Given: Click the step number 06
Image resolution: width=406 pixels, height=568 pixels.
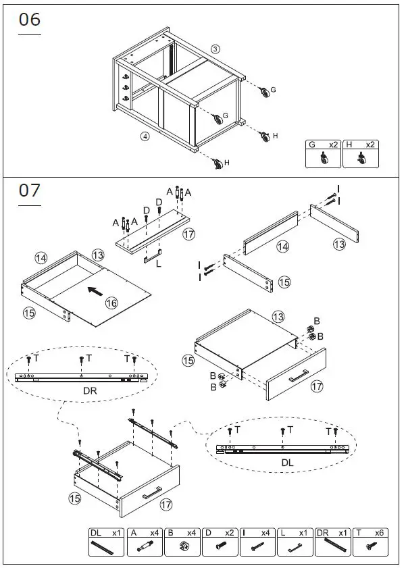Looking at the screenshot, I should pyautogui.click(x=30, y=20).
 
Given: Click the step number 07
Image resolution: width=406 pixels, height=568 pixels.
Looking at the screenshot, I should pyautogui.click(x=30, y=191).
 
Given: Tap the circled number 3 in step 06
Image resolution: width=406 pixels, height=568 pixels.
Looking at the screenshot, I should pyautogui.click(x=215, y=49).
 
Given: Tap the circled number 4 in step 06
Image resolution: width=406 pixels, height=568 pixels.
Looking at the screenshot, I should pyautogui.click(x=145, y=136).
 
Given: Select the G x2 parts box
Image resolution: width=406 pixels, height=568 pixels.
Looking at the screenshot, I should pyautogui.click(x=323, y=154).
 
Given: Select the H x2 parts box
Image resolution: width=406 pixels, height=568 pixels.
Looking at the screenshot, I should pyautogui.click(x=361, y=154).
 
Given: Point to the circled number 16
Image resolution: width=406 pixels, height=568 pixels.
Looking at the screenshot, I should pyautogui.click(x=111, y=304).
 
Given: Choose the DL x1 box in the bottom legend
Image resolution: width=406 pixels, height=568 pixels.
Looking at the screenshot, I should pyautogui.click(x=107, y=542).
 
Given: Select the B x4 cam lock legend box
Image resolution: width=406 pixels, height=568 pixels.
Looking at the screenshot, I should pyautogui.click(x=182, y=542).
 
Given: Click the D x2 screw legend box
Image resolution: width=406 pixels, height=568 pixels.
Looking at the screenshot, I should pyautogui.click(x=220, y=542).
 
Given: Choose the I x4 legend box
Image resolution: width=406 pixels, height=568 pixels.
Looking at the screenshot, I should pyautogui.click(x=257, y=542).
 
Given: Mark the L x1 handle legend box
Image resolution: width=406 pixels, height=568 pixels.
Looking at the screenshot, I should pyautogui.click(x=295, y=542).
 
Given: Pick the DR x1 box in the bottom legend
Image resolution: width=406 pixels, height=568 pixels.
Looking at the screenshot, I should pyautogui.click(x=332, y=542).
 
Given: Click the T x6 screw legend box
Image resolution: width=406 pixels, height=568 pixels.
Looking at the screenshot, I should pyautogui.click(x=370, y=542).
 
